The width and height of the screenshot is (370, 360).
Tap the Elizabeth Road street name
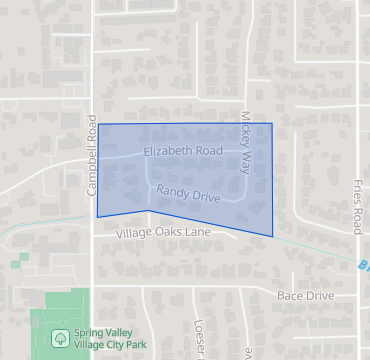[x=182, y=151]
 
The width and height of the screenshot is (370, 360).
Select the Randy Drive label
[x=188, y=191]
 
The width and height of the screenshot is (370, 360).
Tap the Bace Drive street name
[x=305, y=296]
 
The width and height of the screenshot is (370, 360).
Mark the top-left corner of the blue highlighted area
[x=98, y=124]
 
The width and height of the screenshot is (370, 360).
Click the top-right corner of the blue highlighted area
[x=272, y=124]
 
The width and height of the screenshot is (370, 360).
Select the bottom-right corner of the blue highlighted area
[x=272, y=237]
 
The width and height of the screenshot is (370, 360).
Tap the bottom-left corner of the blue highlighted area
[x=97, y=217]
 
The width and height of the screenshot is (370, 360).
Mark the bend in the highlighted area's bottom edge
[x=147, y=211]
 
